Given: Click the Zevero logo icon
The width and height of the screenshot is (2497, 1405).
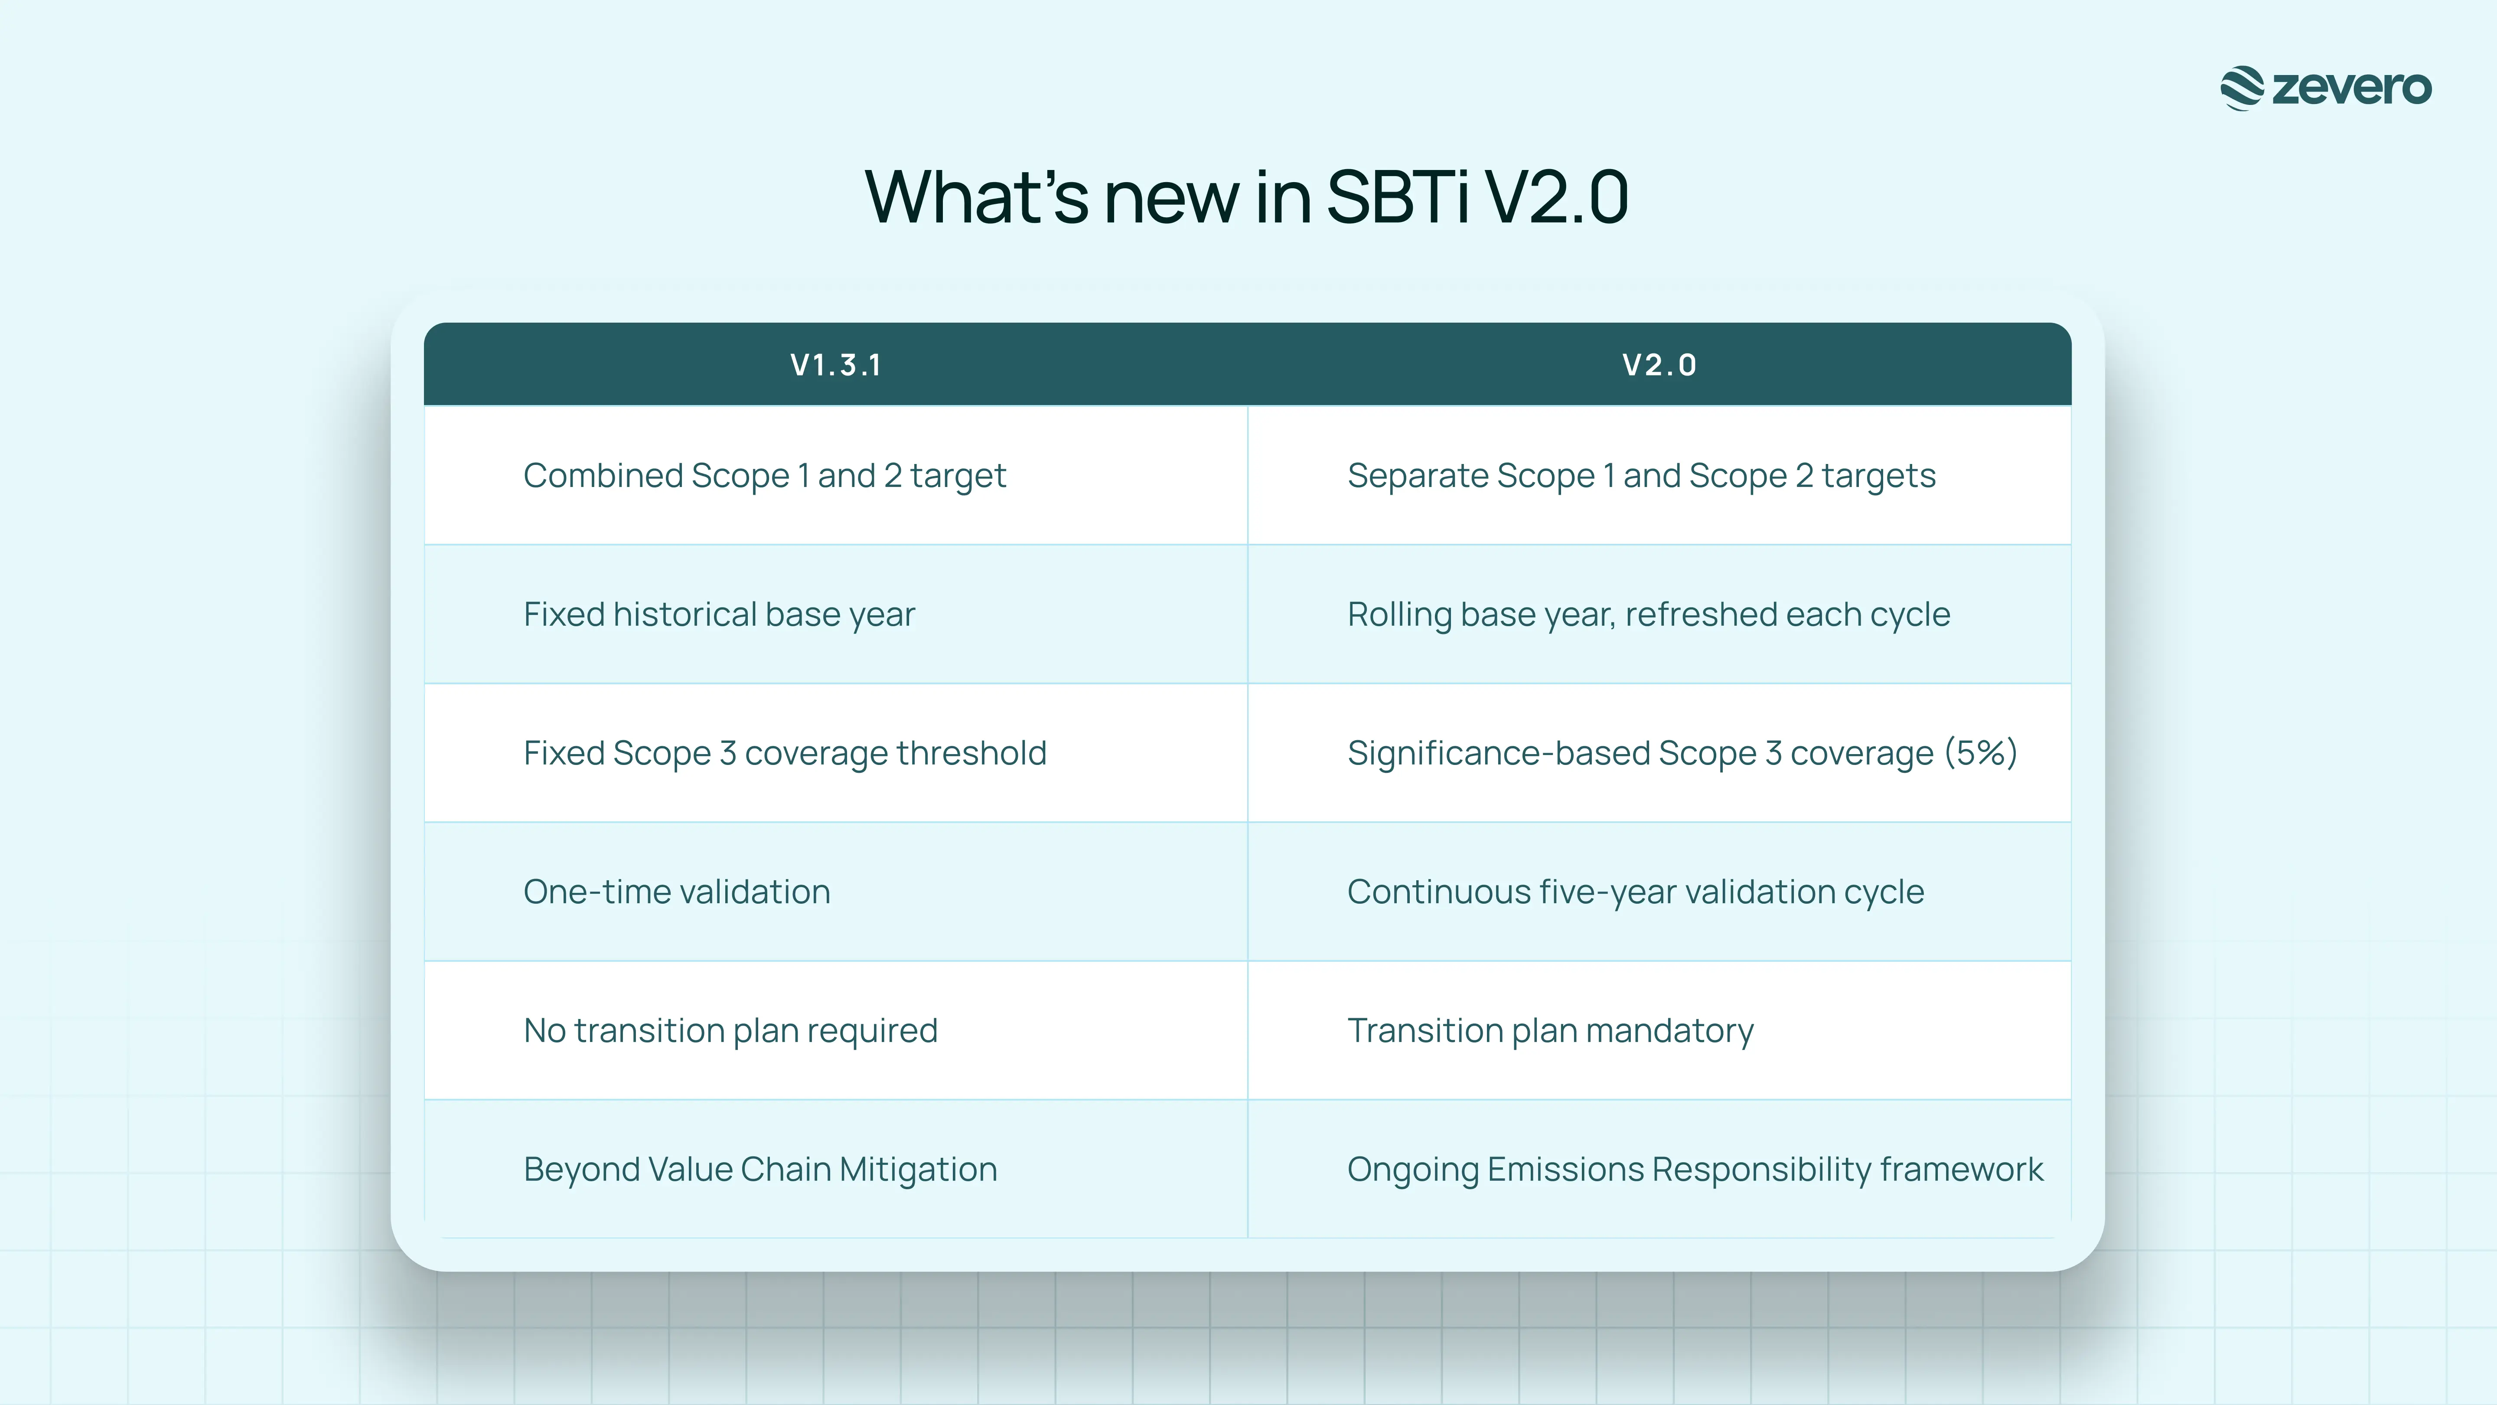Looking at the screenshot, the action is click(2242, 88).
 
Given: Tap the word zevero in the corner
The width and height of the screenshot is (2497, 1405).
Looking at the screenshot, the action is click(2352, 88).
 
